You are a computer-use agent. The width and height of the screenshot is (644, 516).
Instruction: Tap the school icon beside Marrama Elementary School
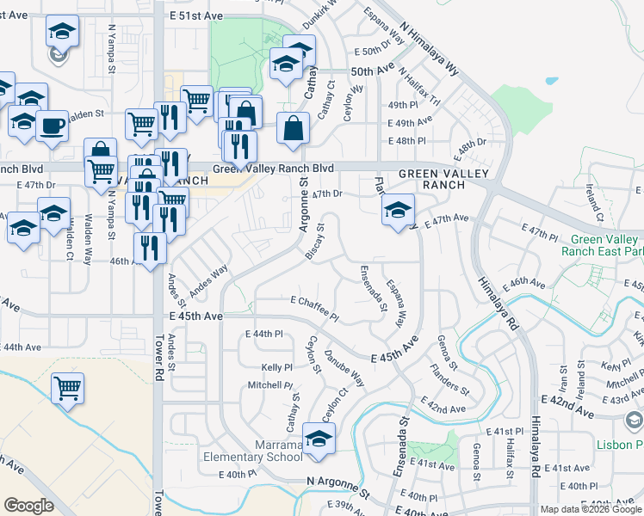[x=319, y=439]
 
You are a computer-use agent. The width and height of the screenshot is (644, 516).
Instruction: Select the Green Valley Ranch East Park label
[x=602, y=245]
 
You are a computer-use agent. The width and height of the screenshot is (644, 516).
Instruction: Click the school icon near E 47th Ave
[x=398, y=210]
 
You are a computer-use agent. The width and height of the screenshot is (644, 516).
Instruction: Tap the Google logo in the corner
[x=28, y=506]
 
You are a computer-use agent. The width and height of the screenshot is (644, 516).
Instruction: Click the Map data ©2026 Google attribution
[x=591, y=509]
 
